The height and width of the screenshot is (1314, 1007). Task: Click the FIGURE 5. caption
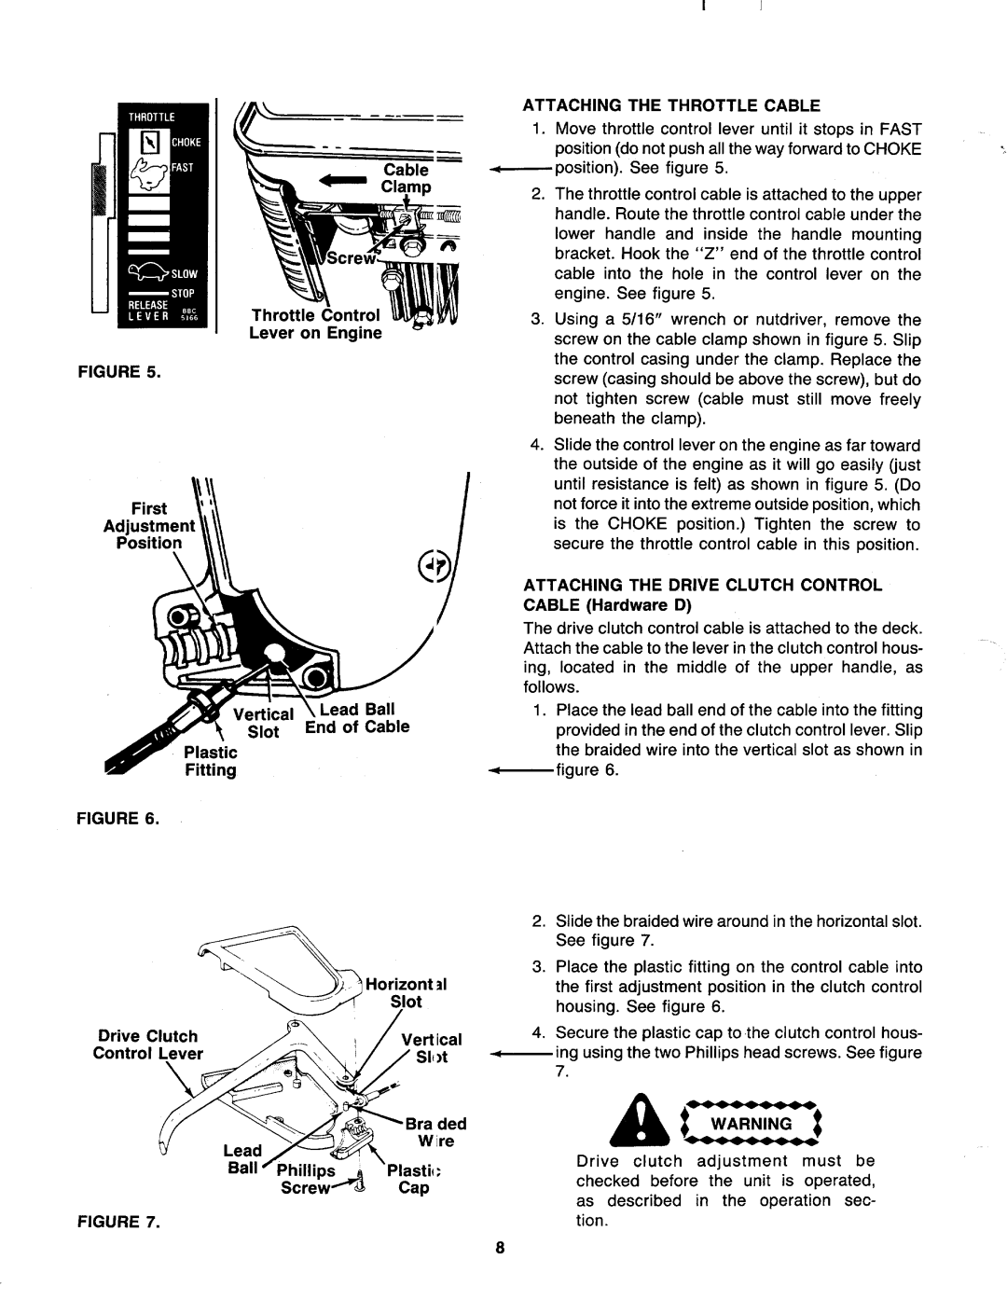[119, 371]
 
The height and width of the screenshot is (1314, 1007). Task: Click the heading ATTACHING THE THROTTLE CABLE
[671, 105]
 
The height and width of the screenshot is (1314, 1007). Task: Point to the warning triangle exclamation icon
[641, 1122]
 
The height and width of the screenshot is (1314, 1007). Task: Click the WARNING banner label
[752, 1124]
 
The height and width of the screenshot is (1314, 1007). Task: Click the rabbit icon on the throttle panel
[151, 173]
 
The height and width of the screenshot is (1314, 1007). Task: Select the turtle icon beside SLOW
[147, 273]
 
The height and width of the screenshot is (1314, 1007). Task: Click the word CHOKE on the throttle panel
[186, 143]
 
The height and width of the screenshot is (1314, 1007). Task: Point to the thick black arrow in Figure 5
[343, 180]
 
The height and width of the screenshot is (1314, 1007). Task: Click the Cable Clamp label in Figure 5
[406, 178]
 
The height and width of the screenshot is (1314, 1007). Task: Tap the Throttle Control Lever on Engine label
[315, 325]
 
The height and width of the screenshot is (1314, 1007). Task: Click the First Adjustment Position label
[148, 525]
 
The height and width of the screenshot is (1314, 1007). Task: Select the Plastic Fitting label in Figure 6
[211, 761]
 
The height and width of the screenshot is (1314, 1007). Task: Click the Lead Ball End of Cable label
[357, 718]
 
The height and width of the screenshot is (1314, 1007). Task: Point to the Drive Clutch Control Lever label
[147, 1044]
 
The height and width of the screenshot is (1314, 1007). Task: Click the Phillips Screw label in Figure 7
[306, 1179]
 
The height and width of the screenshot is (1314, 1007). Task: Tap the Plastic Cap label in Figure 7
[414, 1179]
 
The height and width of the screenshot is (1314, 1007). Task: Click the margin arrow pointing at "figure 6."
[521, 770]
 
